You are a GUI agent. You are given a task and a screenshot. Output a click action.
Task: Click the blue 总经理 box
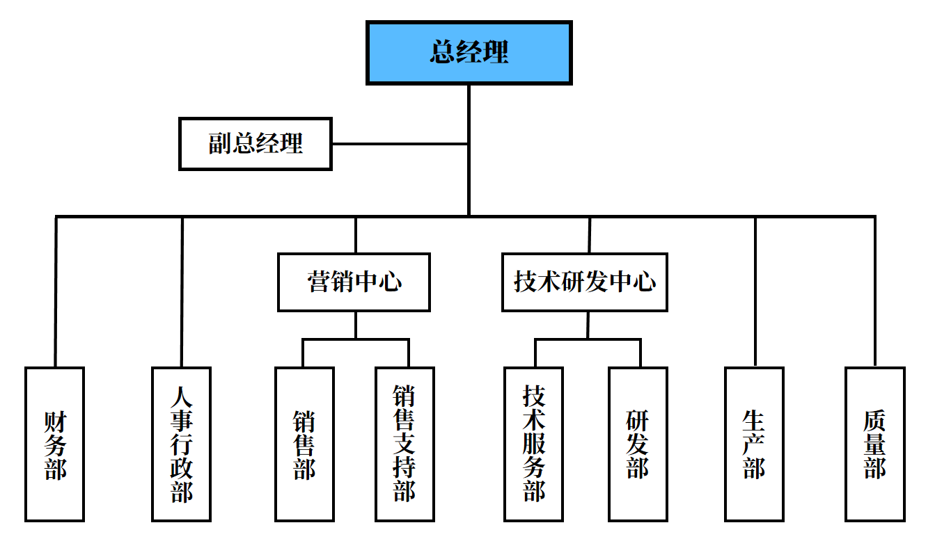click(469, 53)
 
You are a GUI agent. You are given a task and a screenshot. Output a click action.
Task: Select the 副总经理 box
click(255, 144)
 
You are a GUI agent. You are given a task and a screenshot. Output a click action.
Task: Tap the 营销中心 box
click(354, 282)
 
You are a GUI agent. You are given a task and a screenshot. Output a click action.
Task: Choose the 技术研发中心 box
click(584, 282)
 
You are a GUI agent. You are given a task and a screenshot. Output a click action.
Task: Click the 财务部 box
click(54, 444)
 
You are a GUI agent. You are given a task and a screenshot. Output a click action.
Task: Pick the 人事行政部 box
click(181, 444)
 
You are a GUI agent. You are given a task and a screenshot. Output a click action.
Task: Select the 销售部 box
click(304, 444)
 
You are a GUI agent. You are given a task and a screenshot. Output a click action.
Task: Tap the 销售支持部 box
click(404, 444)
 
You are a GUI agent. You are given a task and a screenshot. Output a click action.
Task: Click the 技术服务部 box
click(533, 444)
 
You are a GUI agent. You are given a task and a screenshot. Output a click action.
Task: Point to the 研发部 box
click(638, 444)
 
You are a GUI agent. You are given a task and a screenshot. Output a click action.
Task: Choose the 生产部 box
click(754, 444)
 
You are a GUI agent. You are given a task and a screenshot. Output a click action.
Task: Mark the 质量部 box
click(875, 444)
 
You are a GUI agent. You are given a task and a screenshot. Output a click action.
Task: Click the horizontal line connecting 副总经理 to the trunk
click(399, 144)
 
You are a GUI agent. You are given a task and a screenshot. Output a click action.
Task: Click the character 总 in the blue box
click(443, 53)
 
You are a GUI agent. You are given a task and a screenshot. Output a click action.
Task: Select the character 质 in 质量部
click(875, 421)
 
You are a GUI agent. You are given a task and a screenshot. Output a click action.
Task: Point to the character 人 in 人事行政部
click(182, 398)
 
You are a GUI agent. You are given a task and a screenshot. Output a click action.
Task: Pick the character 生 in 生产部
click(754, 421)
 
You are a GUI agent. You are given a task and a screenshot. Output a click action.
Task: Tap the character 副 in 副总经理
click(220, 144)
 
